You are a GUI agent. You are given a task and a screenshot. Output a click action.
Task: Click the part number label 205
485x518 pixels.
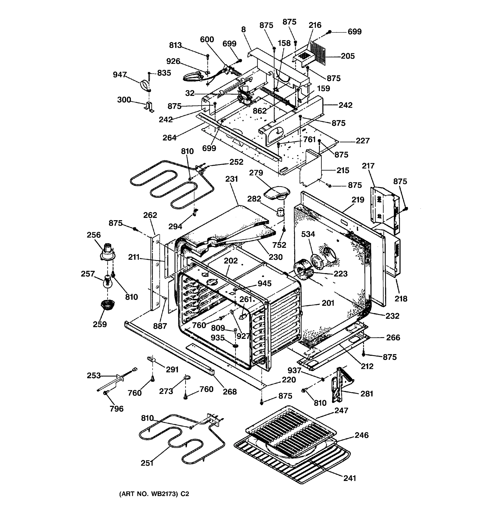click(348, 56)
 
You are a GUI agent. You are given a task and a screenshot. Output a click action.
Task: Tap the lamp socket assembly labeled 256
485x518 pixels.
click(108, 252)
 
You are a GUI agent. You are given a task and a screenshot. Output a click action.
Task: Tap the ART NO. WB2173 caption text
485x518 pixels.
click(154, 494)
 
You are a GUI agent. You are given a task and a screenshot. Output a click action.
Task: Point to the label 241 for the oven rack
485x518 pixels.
click(350, 478)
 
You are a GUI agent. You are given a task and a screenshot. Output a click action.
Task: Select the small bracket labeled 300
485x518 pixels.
click(149, 107)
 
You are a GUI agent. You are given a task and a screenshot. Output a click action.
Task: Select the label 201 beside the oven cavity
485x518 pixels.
click(328, 303)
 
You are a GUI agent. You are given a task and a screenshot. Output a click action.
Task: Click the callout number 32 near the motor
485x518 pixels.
click(190, 93)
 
